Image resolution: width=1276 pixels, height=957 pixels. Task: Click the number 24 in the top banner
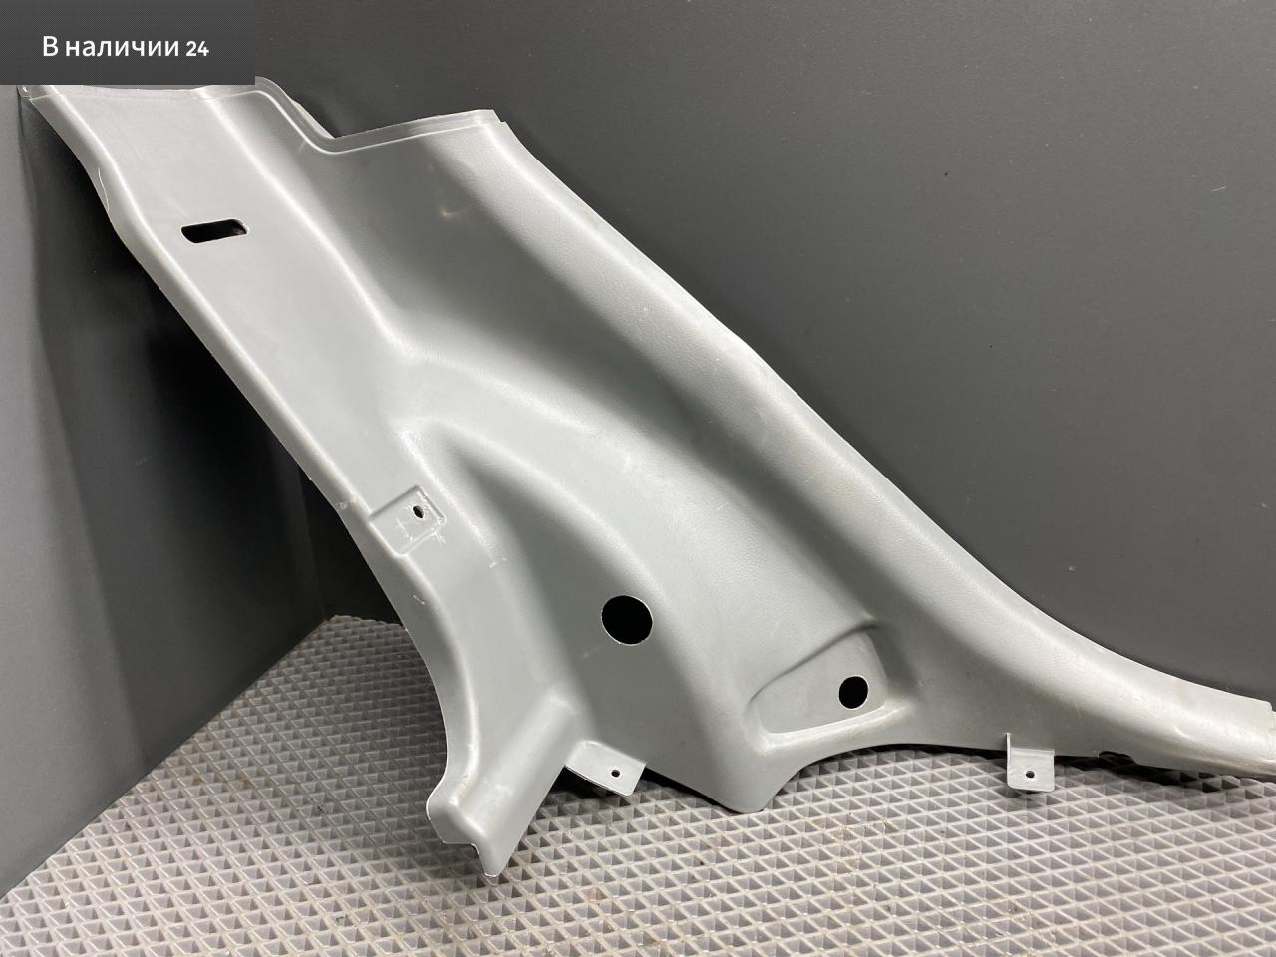[x=197, y=49]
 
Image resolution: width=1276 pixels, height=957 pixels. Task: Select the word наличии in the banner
[x=121, y=48]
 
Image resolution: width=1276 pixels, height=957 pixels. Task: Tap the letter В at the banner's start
[x=50, y=48]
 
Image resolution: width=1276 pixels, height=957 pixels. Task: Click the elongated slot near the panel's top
[x=214, y=231]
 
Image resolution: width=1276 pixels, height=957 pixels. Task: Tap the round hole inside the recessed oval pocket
[x=853, y=692]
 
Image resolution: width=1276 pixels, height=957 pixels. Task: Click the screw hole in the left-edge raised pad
[x=418, y=512]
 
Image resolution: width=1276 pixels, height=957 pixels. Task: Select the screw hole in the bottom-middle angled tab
[x=616, y=773]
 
